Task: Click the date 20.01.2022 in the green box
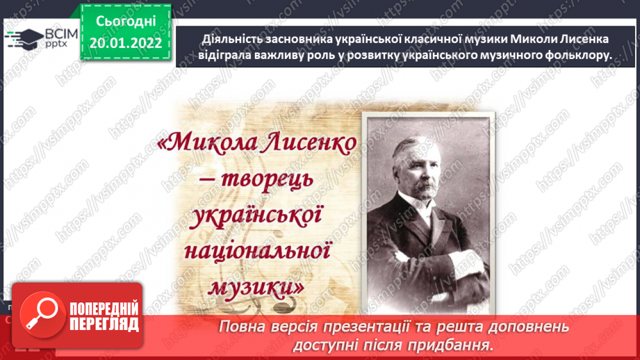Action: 125,43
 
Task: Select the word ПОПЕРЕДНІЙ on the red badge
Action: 104,309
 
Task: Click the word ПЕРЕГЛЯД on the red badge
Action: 104,324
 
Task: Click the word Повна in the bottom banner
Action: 243,326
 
